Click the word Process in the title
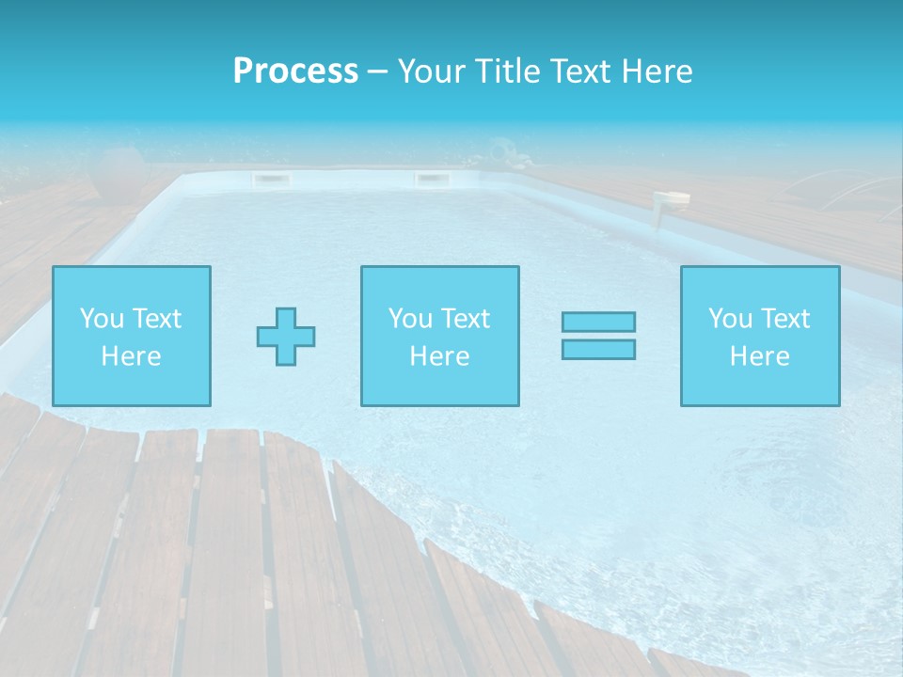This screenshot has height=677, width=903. (x=295, y=71)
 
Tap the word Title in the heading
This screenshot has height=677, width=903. (x=509, y=71)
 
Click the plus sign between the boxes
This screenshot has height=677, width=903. (x=286, y=337)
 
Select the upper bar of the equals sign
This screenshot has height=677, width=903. (x=598, y=322)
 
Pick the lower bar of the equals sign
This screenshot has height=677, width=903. (x=598, y=349)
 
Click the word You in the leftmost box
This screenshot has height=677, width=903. (x=101, y=319)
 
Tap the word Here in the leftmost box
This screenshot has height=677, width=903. (x=131, y=356)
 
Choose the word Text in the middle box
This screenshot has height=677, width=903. (x=466, y=319)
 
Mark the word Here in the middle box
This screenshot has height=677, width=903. (x=439, y=356)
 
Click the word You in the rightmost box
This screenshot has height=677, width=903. (x=730, y=319)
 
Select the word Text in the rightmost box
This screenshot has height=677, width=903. (x=785, y=319)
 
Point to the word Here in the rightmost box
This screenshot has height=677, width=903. (x=759, y=356)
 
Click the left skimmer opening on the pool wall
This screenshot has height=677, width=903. (x=269, y=179)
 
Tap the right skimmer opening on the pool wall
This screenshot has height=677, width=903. (x=432, y=179)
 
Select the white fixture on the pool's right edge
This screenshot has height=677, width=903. (x=672, y=200)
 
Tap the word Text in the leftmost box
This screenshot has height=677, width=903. (x=156, y=319)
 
